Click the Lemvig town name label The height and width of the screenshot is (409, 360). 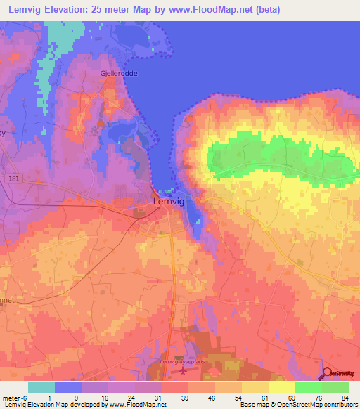[169, 202]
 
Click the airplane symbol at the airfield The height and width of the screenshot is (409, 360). [185, 371]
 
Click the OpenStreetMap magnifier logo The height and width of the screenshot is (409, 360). [328, 374]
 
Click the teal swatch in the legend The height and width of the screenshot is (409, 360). [41, 387]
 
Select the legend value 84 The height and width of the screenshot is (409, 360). [345, 397]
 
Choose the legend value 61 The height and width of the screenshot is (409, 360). [264, 397]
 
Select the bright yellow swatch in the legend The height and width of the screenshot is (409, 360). [282, 387]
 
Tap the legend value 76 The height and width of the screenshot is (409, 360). [317, 397]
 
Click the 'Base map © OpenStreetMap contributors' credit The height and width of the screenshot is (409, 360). [297, 405]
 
